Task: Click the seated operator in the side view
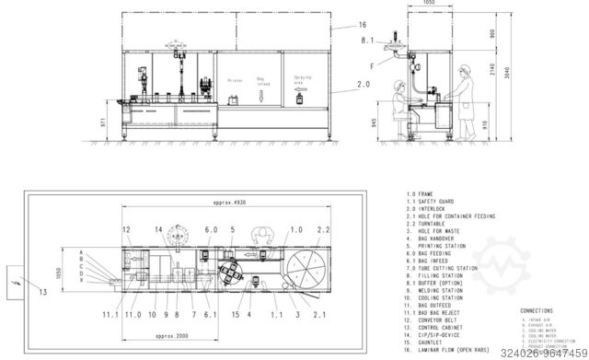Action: coord(398,100)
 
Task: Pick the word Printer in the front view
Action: coord(235,81)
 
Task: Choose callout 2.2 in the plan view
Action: coord(324,229)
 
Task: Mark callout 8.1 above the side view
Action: coord(367,41)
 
